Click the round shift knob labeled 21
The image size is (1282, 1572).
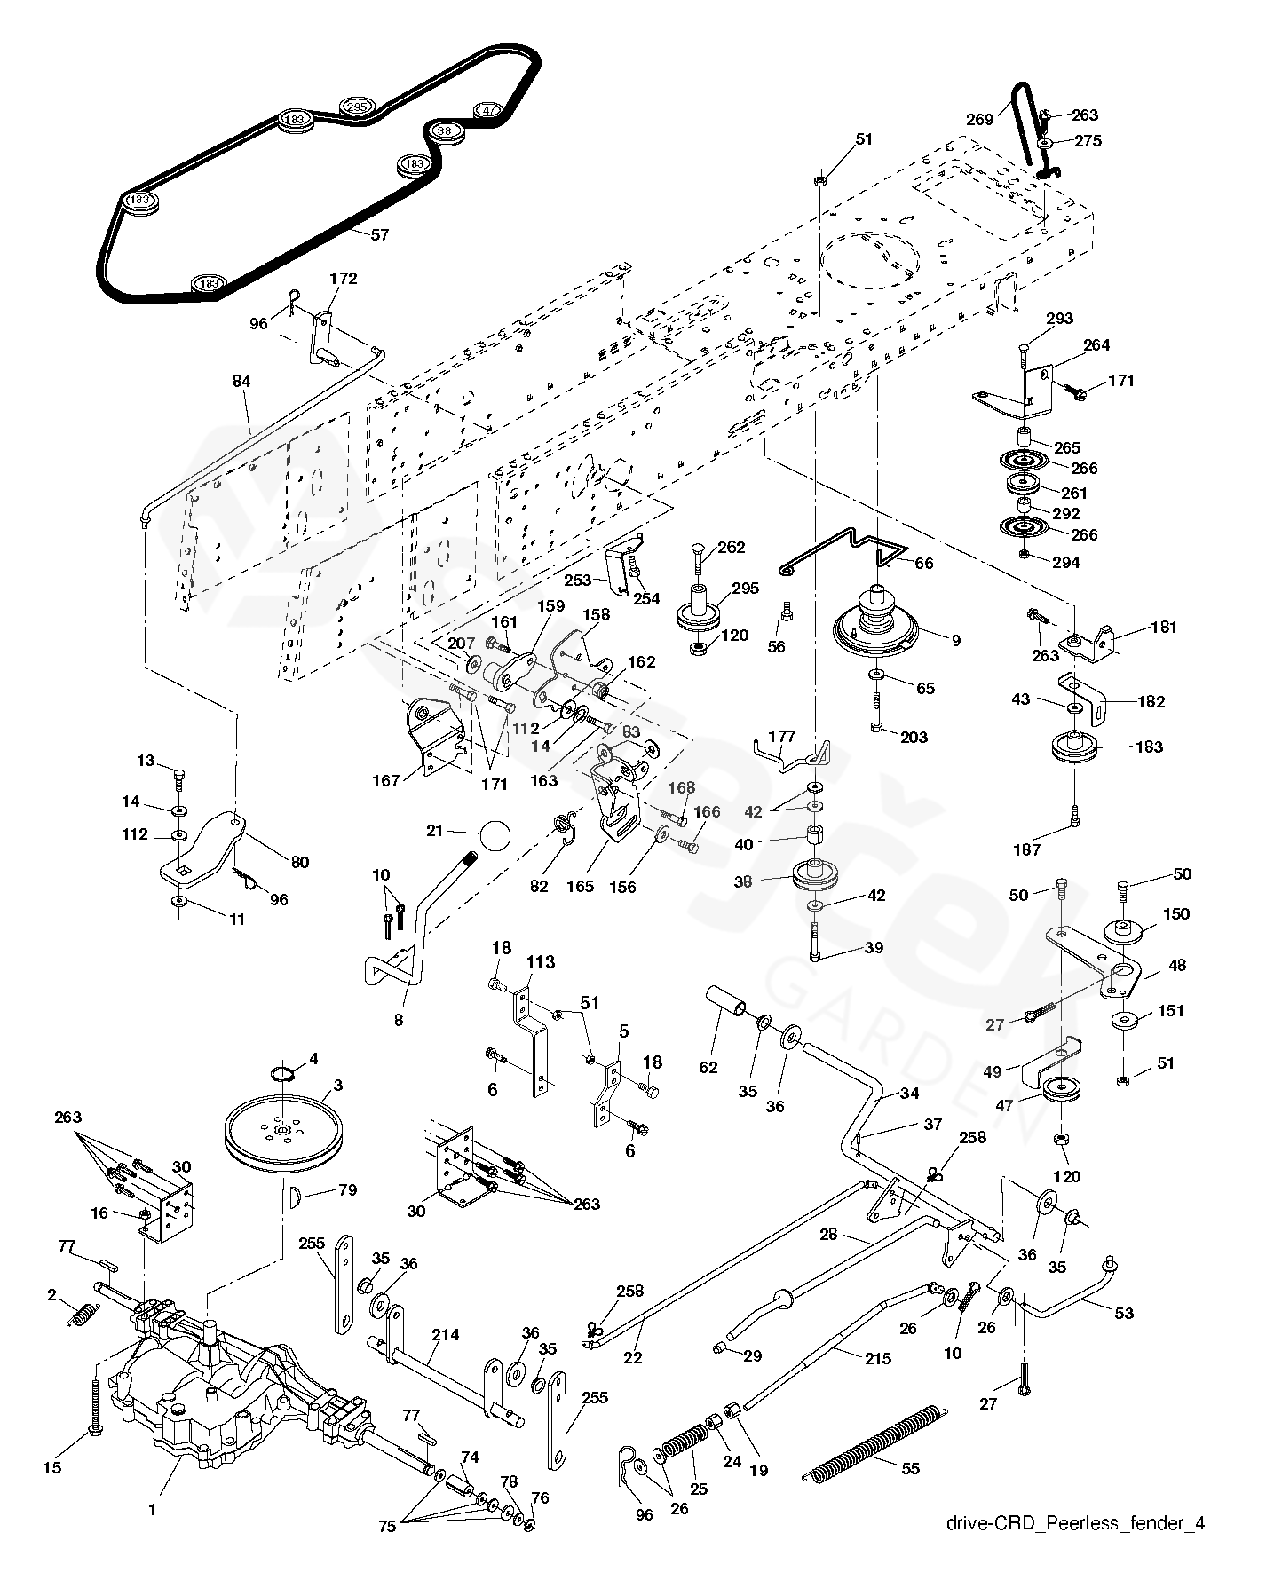tap(495, 836)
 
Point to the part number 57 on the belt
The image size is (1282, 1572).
tap(379, 235)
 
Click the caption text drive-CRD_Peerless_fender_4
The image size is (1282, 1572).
tap(1075, 1524)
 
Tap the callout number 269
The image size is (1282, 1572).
tap(980, 120)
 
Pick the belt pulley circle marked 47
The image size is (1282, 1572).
tap(490, 111)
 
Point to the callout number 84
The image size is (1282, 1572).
tap(241, 381)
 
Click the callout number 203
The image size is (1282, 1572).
tap(914, 737)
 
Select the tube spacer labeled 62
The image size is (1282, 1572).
tap(726, 1000)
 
